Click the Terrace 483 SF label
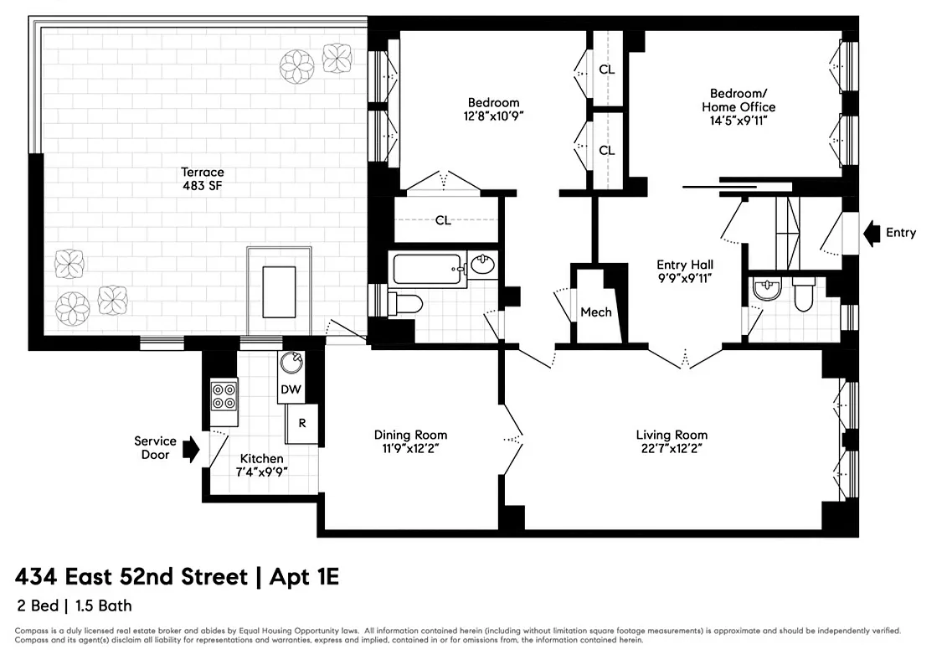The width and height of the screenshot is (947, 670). point(203,178)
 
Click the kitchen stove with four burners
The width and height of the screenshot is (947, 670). point(224,394)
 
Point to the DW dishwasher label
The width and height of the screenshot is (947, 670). point(291,389)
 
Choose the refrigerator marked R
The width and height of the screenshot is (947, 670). point(301,424)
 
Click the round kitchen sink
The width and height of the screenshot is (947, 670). point(291,363)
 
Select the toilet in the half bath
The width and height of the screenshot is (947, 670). point(802,296)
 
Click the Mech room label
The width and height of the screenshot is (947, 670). point(596,312)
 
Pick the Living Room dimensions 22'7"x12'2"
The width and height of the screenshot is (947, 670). point(672,448)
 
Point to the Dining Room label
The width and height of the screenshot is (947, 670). point(410,435)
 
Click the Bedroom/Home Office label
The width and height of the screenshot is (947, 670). point(738,100)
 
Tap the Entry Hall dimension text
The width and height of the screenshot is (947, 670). point(684,277)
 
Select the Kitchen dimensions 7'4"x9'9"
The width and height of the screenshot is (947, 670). point(261,472)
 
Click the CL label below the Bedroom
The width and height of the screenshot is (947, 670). point(443,220)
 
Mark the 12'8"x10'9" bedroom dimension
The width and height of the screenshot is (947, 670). point(493,116)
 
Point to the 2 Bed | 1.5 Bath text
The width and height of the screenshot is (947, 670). point(74,606)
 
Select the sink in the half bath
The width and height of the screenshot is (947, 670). point(766,290)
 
